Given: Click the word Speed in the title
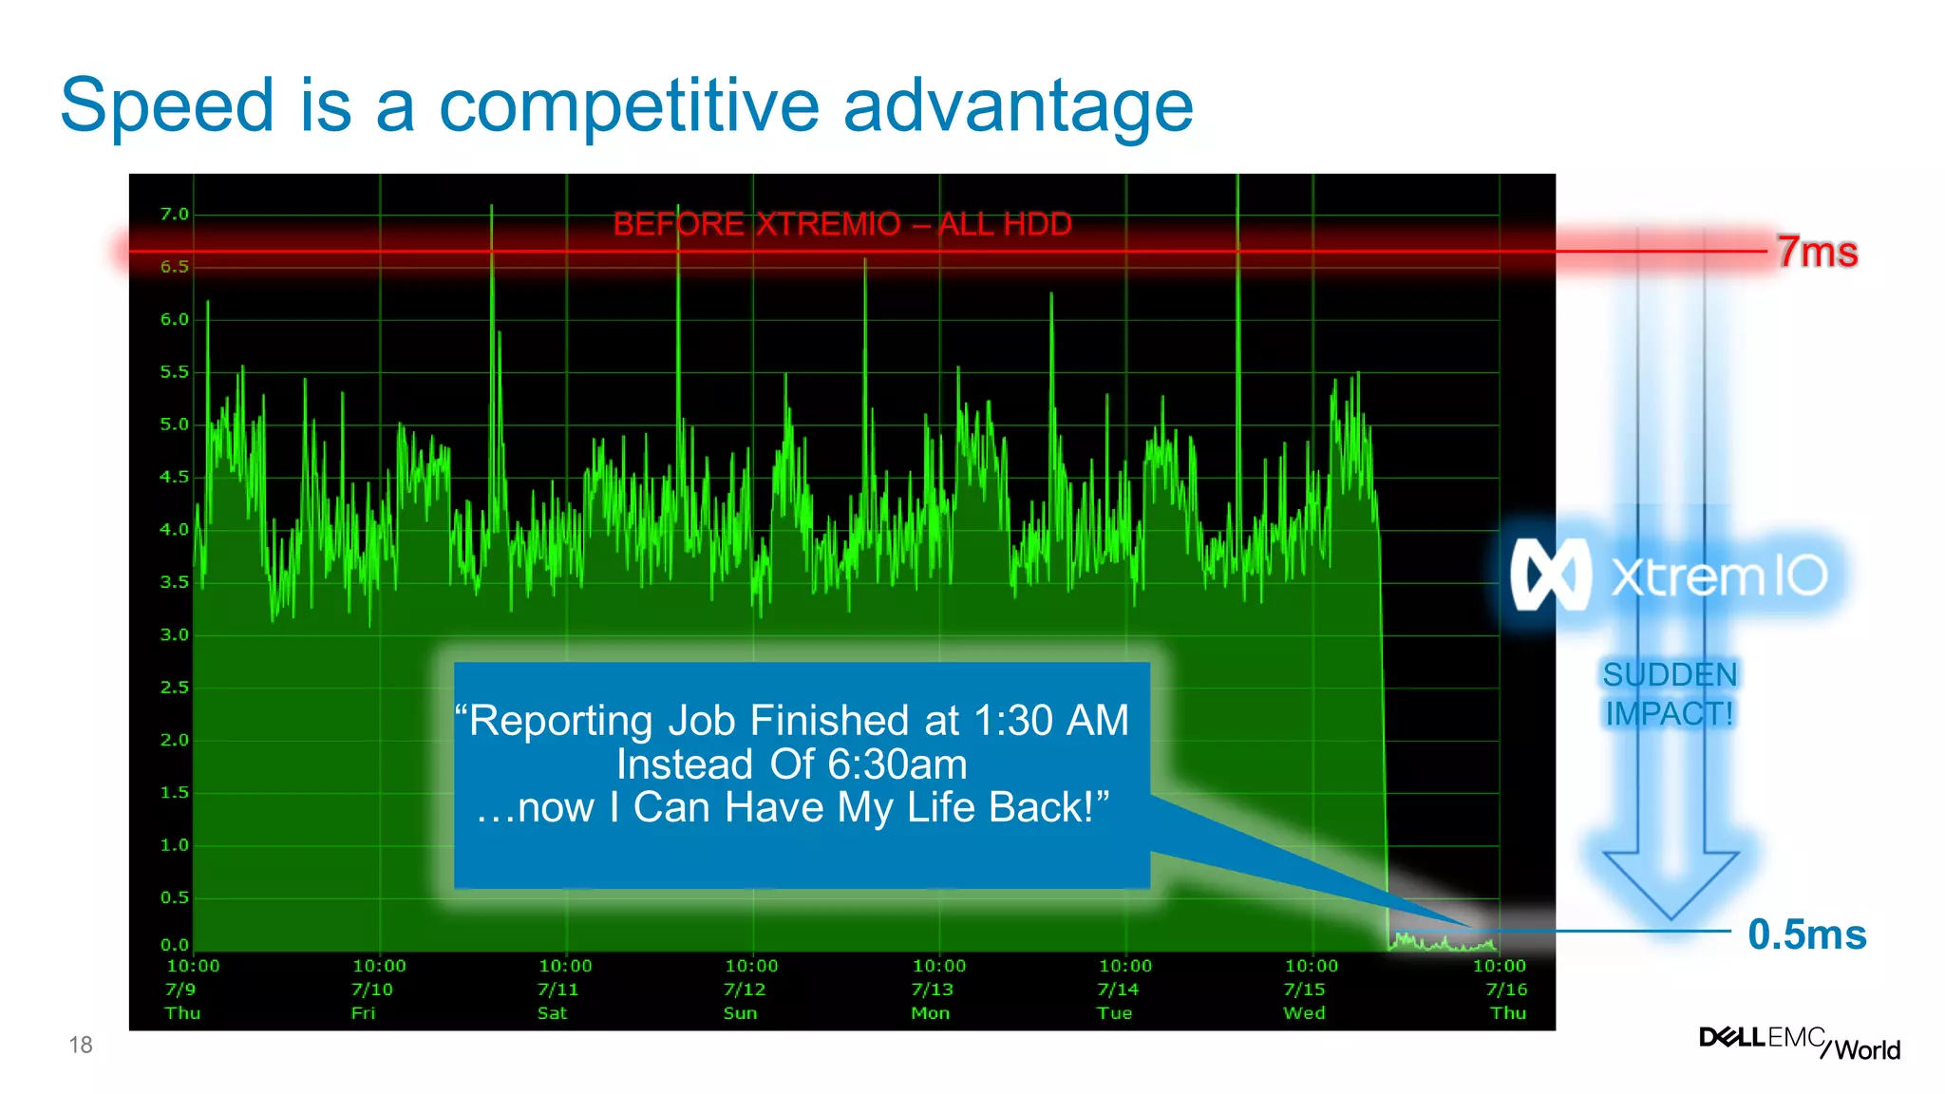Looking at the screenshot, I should coord(167,106).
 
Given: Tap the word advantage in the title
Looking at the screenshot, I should coord(1018,106).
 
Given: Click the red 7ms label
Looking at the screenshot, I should coord(1817,253).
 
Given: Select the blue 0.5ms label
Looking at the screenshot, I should coord(1806,934).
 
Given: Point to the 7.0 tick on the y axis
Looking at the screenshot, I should coord(174,215).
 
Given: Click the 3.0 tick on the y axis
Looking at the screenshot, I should coord(174,634).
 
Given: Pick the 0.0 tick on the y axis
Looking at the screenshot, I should coord(174,945).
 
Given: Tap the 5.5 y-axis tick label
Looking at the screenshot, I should coord(174,372).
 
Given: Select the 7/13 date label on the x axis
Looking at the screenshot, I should coord(932,990).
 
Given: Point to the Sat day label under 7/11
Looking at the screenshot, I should coord(552,1013).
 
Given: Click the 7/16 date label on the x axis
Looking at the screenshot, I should coord(1506,990).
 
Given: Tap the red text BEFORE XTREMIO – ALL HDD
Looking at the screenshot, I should coord(841,225).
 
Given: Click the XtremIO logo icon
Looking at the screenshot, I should coord(1550,575).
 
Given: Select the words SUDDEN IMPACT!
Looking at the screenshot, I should coord(1670,694).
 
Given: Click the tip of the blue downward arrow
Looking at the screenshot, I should coord(1671,916).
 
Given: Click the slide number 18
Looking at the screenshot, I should coord(81,1046).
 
